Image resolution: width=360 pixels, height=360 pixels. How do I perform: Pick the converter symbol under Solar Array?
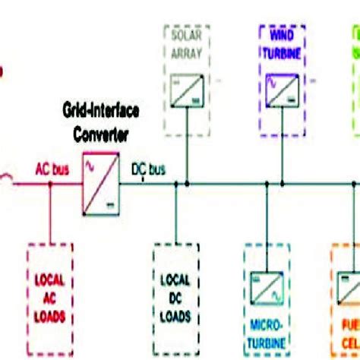click(187, 87)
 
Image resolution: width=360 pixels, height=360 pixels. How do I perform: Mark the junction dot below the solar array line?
click(187, 183)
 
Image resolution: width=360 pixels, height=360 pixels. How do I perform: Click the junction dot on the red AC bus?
click(49, 183)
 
